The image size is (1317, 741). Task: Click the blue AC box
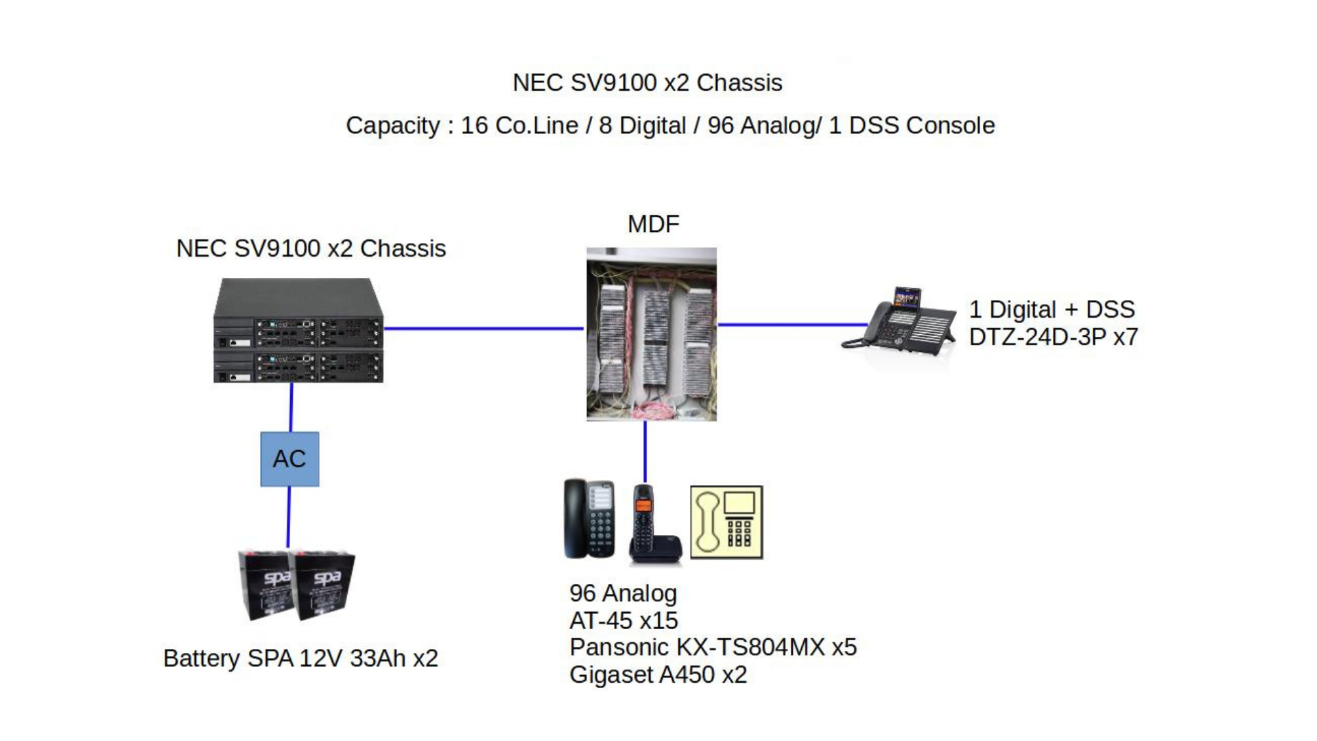coord(289,459)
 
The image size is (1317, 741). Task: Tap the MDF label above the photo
coord(653,224)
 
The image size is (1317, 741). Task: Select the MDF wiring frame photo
coord(651,334)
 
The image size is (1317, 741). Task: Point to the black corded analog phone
coord(588,519)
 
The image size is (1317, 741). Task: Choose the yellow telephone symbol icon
coord(726,522)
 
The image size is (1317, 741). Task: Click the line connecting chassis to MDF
coord(483,329)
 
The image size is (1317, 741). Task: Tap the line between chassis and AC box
coord(292,407)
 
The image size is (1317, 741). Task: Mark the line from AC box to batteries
coord(289,517)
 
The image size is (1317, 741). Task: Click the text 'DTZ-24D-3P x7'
coord(1053,337)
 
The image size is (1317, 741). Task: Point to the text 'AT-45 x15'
coord(624,620)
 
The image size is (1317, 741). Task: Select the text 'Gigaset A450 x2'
coord(658,674)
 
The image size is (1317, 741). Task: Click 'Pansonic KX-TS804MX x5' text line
coord(713,647)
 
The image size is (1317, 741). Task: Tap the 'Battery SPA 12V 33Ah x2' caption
coord(300,658)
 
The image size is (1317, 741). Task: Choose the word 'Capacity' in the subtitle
coord(392,126)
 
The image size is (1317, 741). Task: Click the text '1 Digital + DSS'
coord(1052,309)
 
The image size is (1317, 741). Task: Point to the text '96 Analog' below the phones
coord(623,593)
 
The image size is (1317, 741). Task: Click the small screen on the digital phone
coord(907,298)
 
